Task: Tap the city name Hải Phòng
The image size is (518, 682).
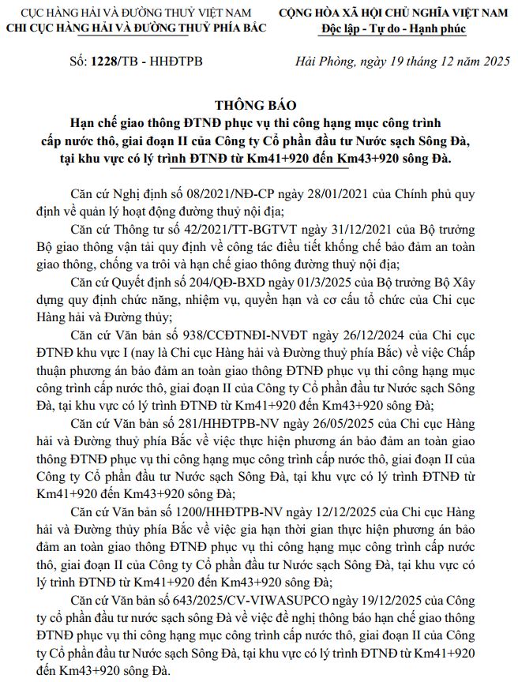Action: [320, 61]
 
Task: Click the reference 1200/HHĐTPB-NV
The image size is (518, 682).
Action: [238, 512]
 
